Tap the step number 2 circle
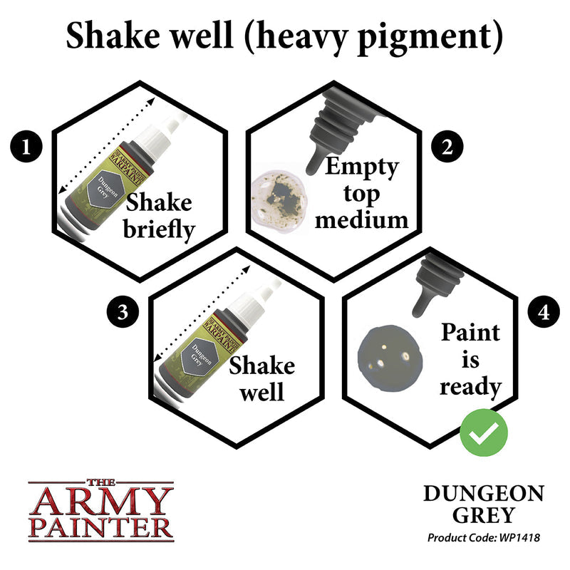click(x=447, y=147)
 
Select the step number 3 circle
click(x=120, y=313)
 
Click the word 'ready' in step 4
click(x=470, y=387)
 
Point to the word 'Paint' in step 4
click(x=470, y=333)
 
